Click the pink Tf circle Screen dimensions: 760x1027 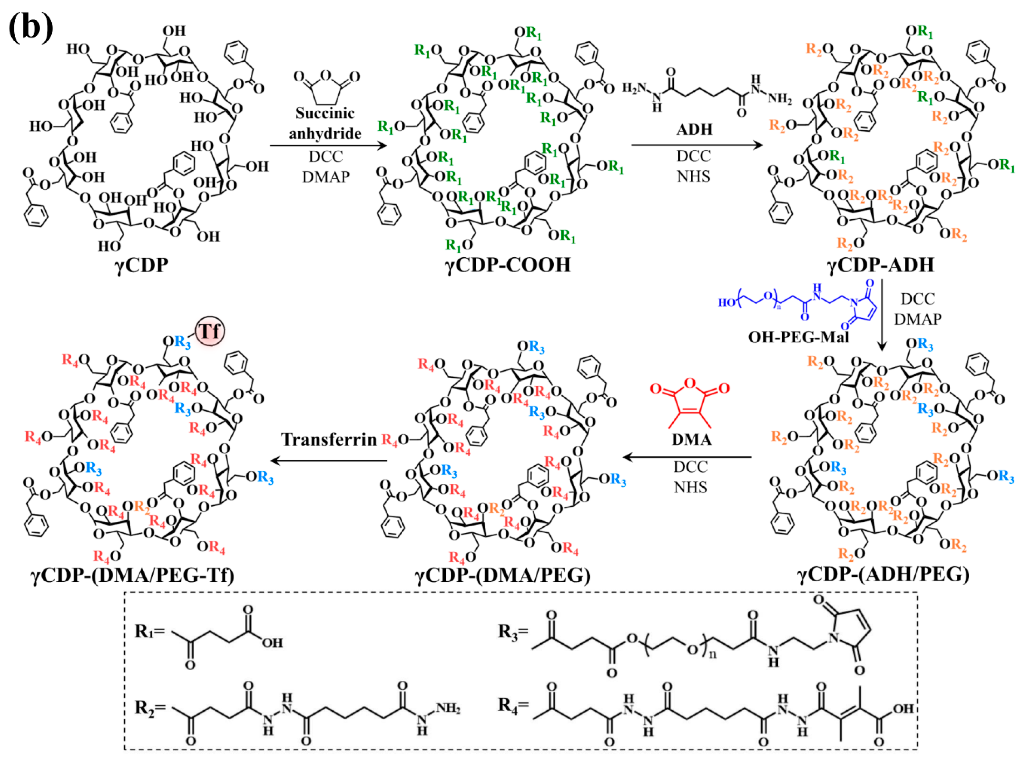pos(210,331)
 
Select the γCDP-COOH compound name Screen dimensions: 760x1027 pos(508,265)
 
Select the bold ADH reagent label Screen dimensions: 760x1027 pos(694,130)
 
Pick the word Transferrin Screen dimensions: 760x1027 pos(329,439)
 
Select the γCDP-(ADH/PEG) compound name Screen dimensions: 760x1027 pos(883,575)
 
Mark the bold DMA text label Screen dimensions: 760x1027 pos(691,439)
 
